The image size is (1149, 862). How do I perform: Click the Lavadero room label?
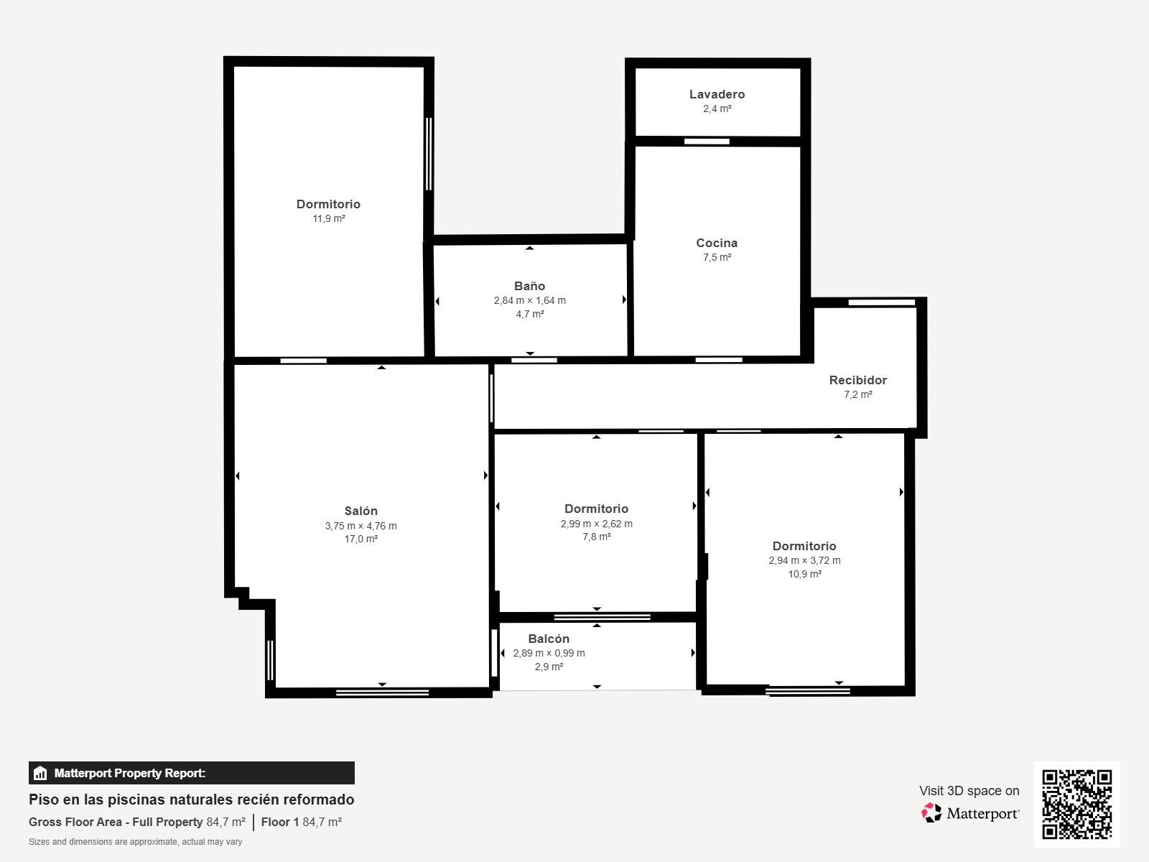pos(717,94)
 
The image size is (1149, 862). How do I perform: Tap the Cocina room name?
pos(717,243)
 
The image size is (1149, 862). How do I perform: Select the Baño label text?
pos(529,286)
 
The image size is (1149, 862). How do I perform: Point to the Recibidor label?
pos(857,380)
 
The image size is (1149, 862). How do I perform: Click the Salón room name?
pos(360,511)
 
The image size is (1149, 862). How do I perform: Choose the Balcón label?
pos(549,639)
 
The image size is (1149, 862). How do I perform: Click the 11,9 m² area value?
pos(329,218)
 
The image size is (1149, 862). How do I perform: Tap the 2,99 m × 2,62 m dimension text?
pos(596,524)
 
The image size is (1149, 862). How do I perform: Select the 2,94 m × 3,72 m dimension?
pos(804,560)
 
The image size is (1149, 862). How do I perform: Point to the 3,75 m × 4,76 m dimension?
pos(360,526)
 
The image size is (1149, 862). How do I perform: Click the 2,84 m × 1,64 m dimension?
pos(529,300)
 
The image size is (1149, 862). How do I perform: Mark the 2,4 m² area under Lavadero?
pos(717,108)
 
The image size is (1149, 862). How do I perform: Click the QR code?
pos(1076,804)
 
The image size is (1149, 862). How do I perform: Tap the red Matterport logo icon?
pos(931,813)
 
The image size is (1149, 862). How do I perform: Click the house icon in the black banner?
pos(40,773)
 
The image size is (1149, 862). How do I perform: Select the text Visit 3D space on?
pos(969,791)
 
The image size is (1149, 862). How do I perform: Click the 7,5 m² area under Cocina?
pos(717,257)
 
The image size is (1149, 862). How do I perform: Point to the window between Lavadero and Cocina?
pos(707,142)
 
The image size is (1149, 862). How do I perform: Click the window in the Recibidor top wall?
pos(882,302)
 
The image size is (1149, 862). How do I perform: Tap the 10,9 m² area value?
pos(804,574)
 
